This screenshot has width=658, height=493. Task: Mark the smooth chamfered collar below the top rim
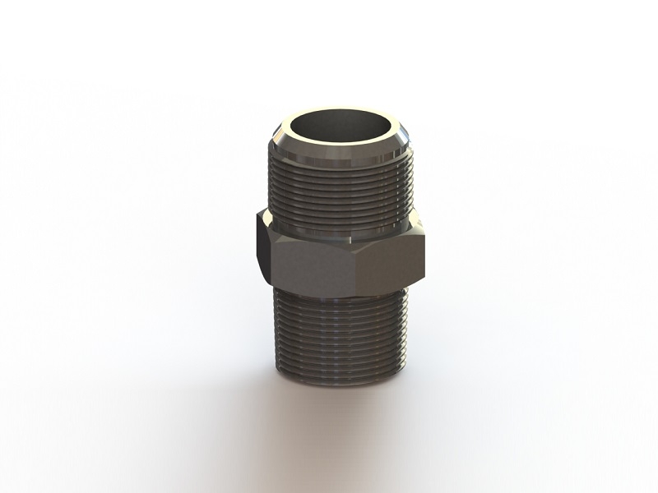[339, 152]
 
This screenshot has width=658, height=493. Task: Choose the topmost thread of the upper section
[339, 164]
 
